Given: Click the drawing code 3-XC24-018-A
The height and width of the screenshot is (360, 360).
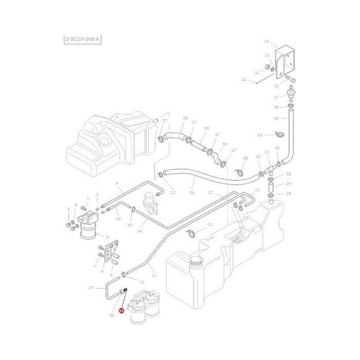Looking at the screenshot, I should click(x=83, y=39).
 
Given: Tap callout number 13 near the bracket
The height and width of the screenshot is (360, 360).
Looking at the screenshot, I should click(x=266, y=42).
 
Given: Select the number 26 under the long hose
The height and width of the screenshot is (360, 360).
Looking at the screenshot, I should click(x=192, y=193).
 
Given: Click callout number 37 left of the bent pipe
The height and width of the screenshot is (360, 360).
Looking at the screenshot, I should click(x=92, y=288).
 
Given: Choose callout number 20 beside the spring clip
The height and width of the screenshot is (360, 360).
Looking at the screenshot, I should click(x=259, y=135).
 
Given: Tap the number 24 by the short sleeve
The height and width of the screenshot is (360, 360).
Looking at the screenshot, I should click(x=289, y=184).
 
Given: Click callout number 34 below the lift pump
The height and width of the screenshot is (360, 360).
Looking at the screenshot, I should click(x=140, y=231).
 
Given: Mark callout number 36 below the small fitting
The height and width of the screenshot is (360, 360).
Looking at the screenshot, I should click(x=112, y=315).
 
